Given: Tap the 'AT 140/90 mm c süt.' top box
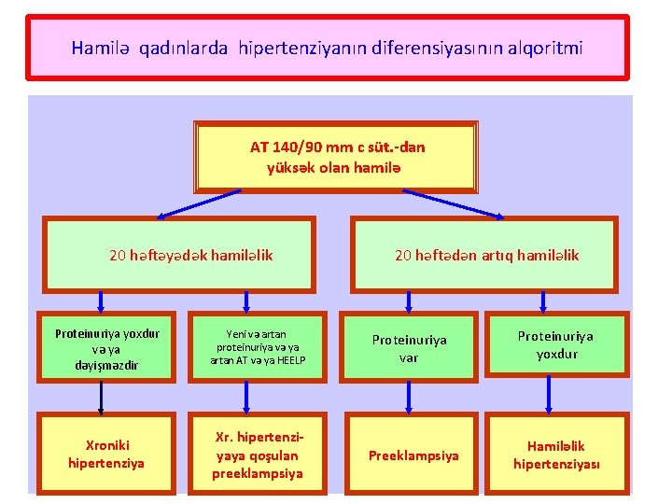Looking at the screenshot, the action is pyautogui.click(x=336, y=157).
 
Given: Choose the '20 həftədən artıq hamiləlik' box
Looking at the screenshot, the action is pyautogui.click(x=485, y=255).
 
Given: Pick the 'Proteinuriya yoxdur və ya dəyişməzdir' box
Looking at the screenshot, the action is pyautogui.click(x=107, y=349).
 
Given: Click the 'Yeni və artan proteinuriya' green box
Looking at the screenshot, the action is pyautogui.click(x=247, y=347).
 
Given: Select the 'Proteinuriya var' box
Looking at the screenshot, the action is pyautogui.click(x=409, y=348).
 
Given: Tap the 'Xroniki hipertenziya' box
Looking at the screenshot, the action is pyautogui.click(x=106, y=454).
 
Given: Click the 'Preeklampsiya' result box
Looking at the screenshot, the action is pyautogui.click(x=413, y=455).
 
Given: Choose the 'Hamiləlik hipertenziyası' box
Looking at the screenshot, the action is pyautogui.click(x=556, y=455).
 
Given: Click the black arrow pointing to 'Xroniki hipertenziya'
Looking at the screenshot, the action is pyautogui.click(x=100, y=398).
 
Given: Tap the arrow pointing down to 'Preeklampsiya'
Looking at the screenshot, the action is pyautogui.click(x=408, y=398).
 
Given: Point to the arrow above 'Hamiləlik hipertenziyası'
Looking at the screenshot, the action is pyautogui.click(x=549, y=398).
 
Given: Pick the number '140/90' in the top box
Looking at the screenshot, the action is pyautogui.click(x=297, y=147).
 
